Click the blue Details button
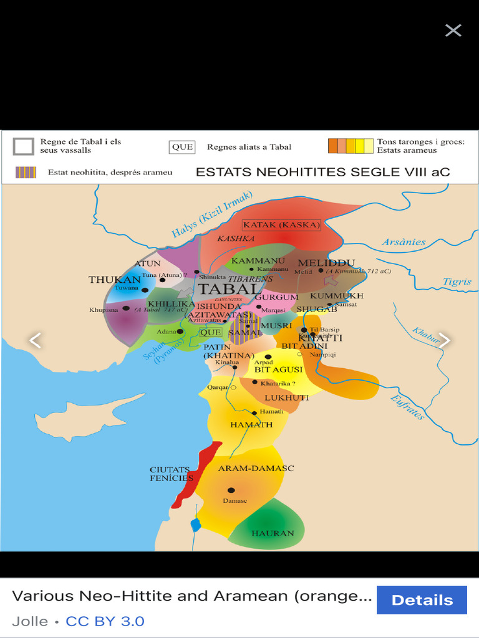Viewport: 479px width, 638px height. pos(422,600)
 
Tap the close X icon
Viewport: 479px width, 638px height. pos(453,30)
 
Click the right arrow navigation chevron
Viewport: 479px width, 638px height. pos(444,340)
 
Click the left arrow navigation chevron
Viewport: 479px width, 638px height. pos(36,340)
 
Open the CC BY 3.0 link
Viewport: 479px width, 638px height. pos(105,621)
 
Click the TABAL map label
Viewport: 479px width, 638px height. pos(228,289)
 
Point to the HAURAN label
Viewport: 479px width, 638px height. pos(273,533)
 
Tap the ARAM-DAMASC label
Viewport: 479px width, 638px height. pos(256,468)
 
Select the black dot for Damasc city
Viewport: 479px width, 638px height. pos(231,490)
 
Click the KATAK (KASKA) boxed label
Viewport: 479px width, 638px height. pos(281,225)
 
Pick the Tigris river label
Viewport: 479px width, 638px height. pos(457,282)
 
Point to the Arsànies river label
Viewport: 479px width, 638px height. pos(404,242)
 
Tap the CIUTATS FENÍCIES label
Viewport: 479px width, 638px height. pos(172,474)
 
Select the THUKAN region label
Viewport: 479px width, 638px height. pos(115,280)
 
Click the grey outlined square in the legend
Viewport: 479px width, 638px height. pos(24,146)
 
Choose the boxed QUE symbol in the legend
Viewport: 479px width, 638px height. pos(182,147)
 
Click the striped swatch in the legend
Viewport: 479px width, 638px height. pos(26,173)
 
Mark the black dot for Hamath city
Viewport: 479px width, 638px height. pos(254,412)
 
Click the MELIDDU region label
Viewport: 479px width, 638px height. pos(326,263)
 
